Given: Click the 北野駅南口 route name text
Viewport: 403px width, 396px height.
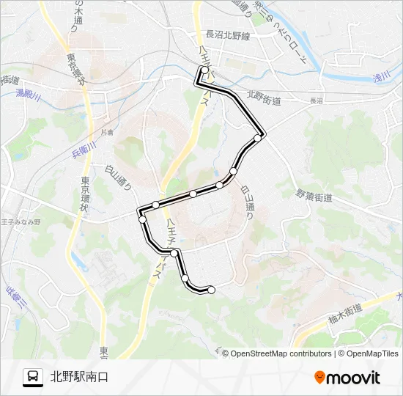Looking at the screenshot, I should (x=80, y=377).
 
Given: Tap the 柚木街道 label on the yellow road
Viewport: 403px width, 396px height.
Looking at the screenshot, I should (x=345, y=312).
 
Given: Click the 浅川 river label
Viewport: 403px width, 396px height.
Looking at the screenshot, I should (x=382, y=76).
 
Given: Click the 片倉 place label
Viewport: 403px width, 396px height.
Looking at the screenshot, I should (x=108, y=132).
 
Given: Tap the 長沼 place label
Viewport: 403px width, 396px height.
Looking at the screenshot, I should (x=316, y=101).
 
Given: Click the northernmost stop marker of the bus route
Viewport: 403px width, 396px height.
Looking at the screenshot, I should (x=204, y=70).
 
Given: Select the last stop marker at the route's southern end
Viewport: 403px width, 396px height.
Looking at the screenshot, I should (x=212, y=290).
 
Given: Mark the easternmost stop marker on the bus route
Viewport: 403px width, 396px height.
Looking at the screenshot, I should (x=258, y=137).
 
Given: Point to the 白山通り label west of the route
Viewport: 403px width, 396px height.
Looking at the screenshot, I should (x=123, y=177).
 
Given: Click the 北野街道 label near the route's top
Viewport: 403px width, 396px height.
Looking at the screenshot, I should (x=264, y=97).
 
